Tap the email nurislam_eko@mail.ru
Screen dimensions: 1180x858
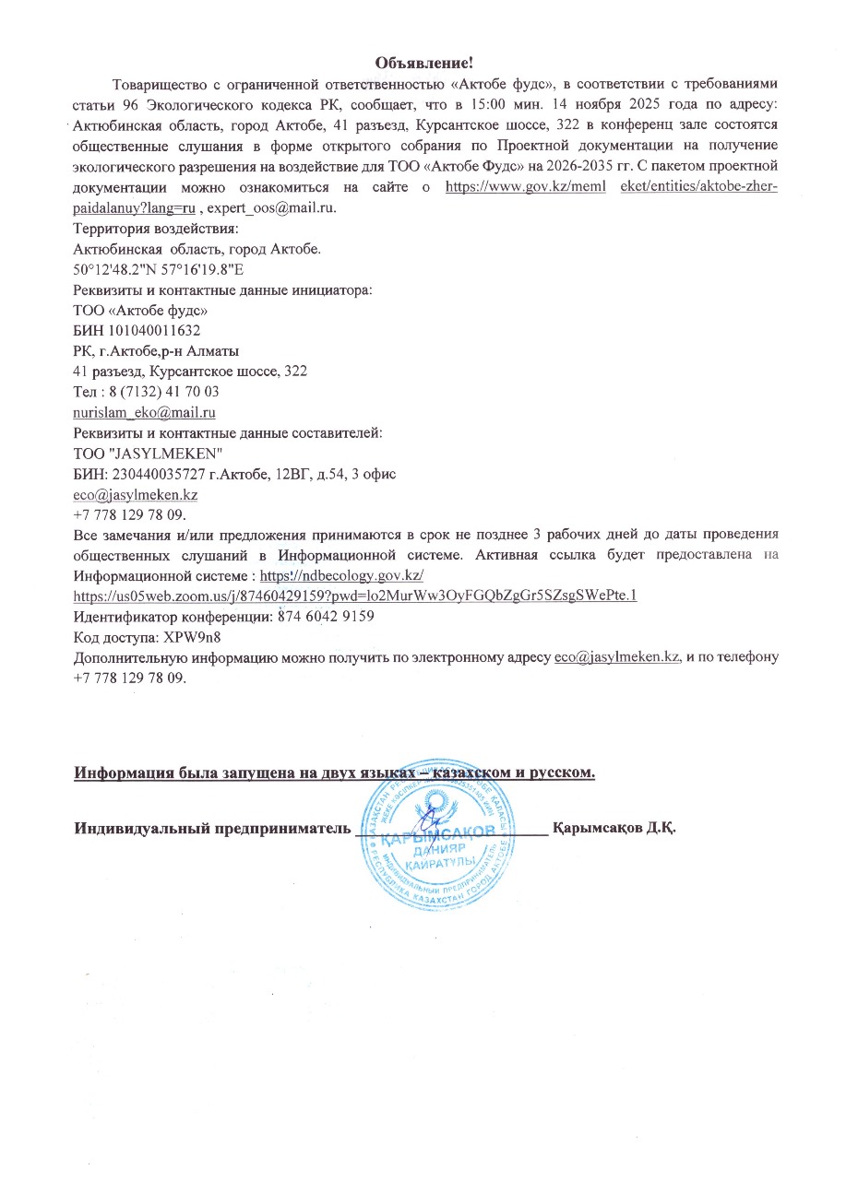point(144,412)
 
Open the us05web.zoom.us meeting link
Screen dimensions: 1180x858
point(354,596)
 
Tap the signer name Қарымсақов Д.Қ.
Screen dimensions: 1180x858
point(614,826)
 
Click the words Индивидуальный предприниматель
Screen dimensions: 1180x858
point(213,826)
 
